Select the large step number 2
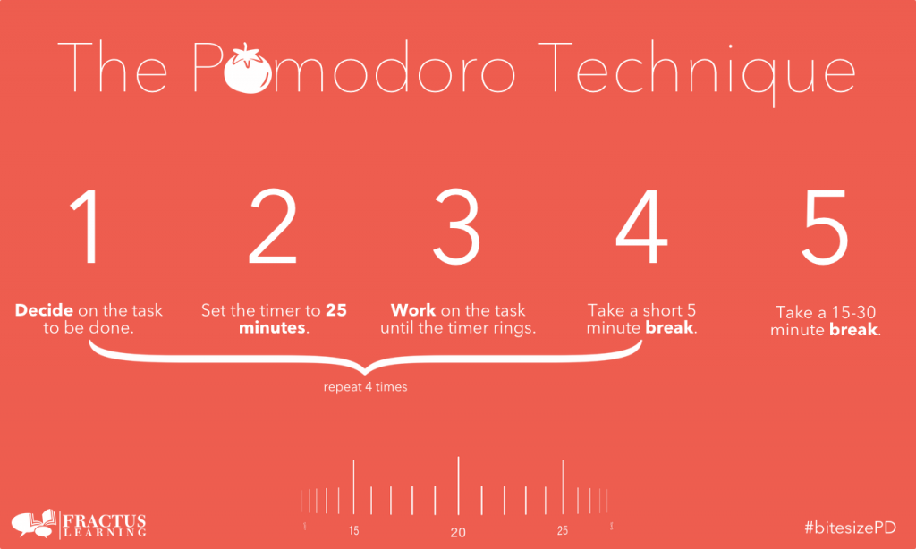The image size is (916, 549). (274, 226)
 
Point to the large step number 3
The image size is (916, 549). (457, 226)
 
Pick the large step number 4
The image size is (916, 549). (641, 226)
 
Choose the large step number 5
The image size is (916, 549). (825, 227)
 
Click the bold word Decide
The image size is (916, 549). (45, 310)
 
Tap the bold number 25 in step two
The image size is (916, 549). (336, 310)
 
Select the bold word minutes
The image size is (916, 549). (272, 327)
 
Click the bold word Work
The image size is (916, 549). (413, 310)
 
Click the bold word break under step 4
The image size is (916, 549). (669, 327)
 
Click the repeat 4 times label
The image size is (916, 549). (365, 387)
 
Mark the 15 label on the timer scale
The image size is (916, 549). (354, 531)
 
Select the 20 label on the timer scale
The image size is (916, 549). (458, 533)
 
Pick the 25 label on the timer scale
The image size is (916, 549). (562, 531)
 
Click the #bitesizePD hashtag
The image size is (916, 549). (851, 528)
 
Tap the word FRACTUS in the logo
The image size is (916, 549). (104, 520)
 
